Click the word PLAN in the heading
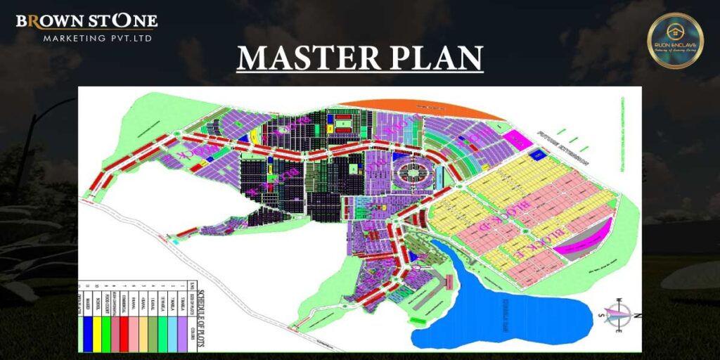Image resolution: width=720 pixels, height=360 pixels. tap(437, 58)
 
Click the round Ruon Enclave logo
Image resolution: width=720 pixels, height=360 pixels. tap(675, 40)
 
